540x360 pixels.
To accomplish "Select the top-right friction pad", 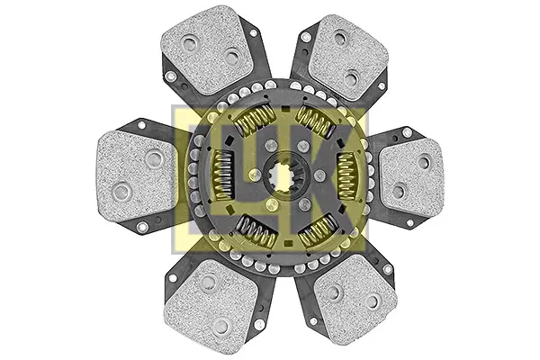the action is pyautogui.click(x=347, y=58).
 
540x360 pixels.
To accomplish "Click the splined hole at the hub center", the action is pyautogui.click(x=283, y=176).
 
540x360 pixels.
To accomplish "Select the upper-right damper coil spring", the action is pyautogui.click(x=316, y=121).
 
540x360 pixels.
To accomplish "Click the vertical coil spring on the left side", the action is pyautogui.click(x=223, y=175).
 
